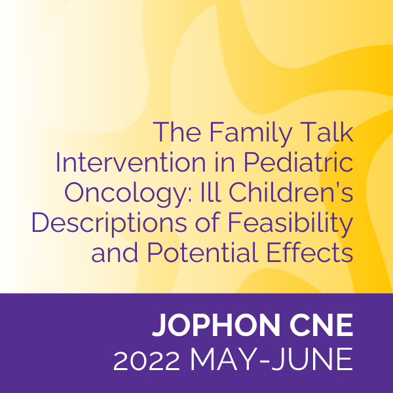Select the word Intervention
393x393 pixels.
(x=130, y=162)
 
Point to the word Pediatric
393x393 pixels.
(x=298, y=162)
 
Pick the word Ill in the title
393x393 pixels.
(x=210, y=192)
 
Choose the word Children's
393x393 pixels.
(x=291, y=192)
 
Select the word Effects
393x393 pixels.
(x=310, y=252)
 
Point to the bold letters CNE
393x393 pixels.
(x=322, y=325)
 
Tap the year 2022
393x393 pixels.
(x=147, y=360)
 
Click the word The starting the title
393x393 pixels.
(x=178, y=132)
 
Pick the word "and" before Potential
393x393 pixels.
(x=115, y=252)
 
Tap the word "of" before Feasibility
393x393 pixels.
(x=208, y=222)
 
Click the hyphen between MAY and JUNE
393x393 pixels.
(x=263, y=362)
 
